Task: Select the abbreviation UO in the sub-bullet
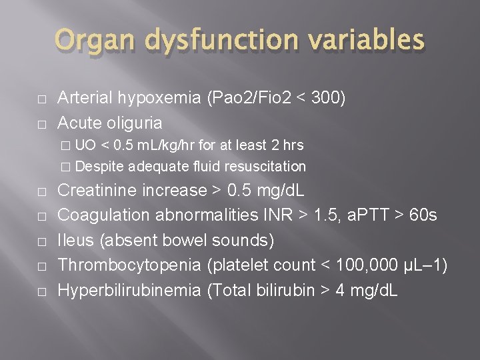click(x=85, y=145)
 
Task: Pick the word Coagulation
click(x=101, y=215)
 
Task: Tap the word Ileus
click(x=75, y=240)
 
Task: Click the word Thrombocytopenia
click(x=129, y=265)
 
